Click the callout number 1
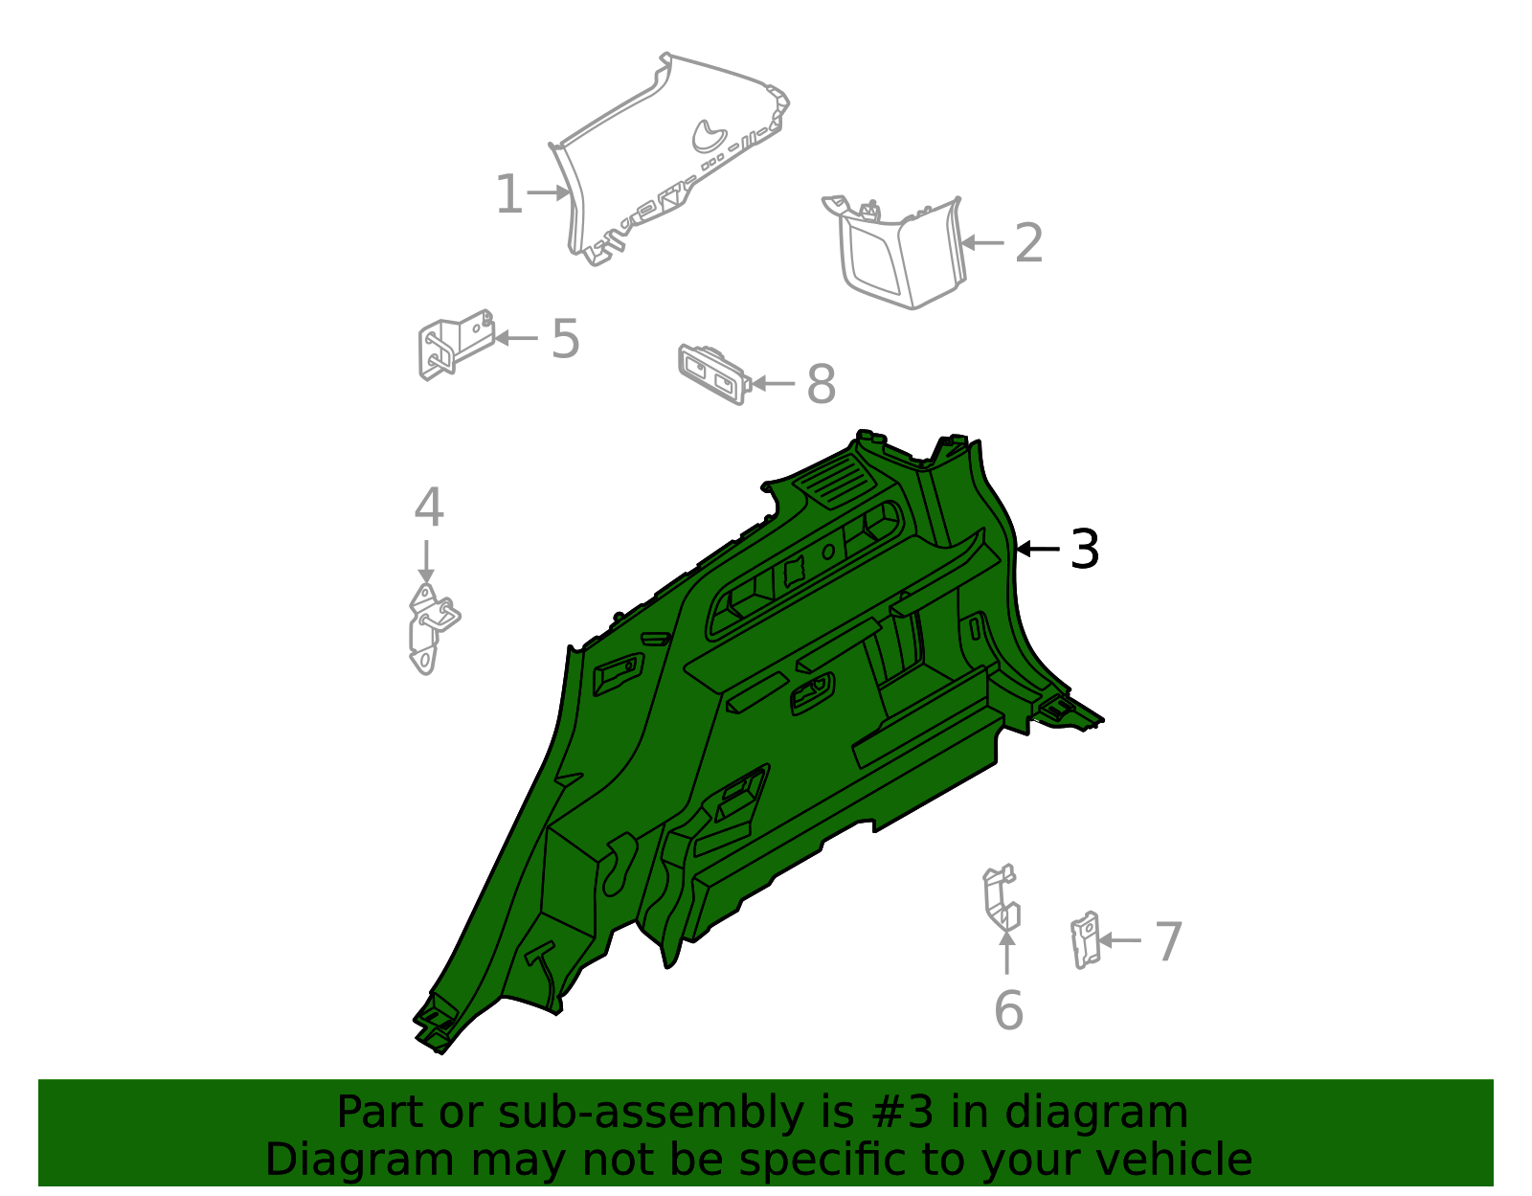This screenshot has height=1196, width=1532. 508,195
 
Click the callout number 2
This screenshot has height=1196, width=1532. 1028,243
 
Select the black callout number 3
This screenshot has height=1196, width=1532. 1084,550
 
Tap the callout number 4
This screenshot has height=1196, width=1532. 428,508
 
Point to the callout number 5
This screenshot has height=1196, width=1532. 565,339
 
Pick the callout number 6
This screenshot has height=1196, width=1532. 1008,1010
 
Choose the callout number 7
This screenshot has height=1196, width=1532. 1168,941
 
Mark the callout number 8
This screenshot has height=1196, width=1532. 821,385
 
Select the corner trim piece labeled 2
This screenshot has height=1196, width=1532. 900,254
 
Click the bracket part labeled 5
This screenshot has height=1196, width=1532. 454,345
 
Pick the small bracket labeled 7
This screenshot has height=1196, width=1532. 1085,939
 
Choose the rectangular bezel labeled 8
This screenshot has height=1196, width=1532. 711,372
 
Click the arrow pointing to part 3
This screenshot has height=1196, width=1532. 1038,550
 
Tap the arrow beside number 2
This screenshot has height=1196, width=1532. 982,243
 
